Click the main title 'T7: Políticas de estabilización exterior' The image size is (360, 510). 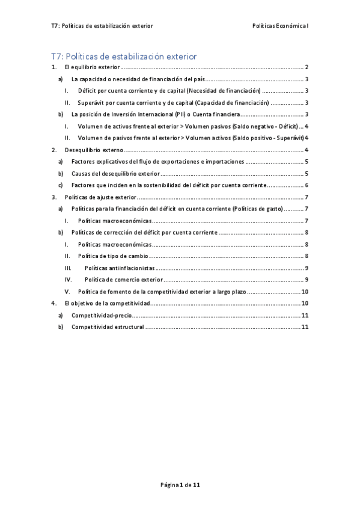[124, 57]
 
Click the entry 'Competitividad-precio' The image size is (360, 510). [101, 315]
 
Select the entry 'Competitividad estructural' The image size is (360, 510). [108, 327]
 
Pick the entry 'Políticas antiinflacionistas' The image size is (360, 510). [120, 268]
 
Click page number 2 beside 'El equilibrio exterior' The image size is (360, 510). [307, 67]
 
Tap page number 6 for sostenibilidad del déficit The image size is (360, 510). [307, 185]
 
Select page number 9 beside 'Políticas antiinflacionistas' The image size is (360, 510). [307, 268]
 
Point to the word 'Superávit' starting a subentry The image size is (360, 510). [91, 103]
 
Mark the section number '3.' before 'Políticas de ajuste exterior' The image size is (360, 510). [54, 197]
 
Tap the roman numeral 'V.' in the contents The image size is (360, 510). [68, 291]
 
